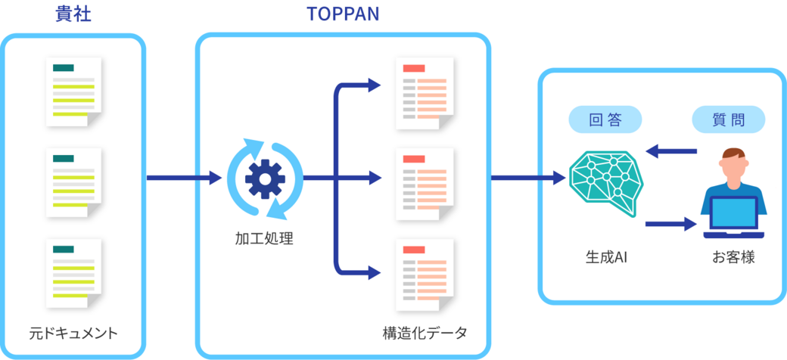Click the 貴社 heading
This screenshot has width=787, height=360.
click(x=73, y=14)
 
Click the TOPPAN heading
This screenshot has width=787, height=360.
click(x=343, y=14)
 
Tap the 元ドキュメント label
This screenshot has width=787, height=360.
click(x=73, y=333)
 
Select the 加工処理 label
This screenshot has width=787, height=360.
click(x=264, y=240)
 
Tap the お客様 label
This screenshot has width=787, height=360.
click(x=733, y=259)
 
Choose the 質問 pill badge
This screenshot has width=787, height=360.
click(x=729, y=121)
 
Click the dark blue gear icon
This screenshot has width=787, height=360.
click(x=265, y=178)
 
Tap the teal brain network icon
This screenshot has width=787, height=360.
click(x=606, y=184)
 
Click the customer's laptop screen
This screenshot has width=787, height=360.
click(x=733, y=213)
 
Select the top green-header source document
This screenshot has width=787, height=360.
click(x=74, y=92)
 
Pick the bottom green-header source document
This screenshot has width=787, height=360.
click(x=74, y=274)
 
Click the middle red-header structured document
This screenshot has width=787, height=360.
click(x=425, y=184)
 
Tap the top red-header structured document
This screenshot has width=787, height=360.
click(x=425, y=94)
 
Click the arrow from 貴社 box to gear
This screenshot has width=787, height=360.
click(x=184, y=178)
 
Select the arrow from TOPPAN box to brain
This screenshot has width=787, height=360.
click(x=528, y=178)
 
